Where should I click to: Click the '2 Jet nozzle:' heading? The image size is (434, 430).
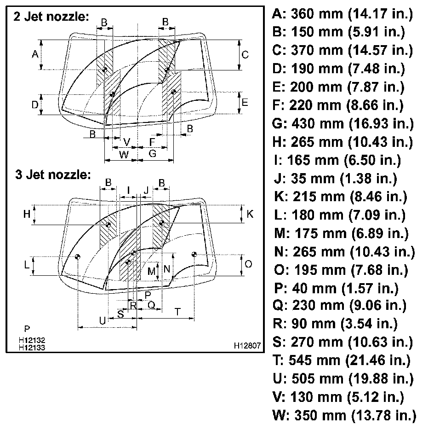pos(51,17)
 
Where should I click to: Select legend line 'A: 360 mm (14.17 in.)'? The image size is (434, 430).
pos(343,14)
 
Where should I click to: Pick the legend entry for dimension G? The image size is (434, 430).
pos(343,123)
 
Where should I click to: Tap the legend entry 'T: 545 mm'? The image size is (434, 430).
pos(343,360)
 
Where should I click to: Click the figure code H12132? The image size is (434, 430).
pos(32,340)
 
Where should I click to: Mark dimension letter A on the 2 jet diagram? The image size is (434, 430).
pos(34,55)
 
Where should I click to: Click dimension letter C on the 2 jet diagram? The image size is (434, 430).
pos(245,55)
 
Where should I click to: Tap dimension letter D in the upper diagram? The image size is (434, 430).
pos(34,105)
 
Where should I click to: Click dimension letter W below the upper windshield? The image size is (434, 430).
pos(124,155)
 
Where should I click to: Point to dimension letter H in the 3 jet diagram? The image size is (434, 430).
pos(27,214)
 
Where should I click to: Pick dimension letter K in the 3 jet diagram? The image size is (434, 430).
pos(250,214)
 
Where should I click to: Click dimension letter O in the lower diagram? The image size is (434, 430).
pos(249,264)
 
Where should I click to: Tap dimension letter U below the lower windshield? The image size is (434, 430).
pos(103,320)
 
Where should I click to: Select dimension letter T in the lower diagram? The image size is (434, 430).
pos(177,312)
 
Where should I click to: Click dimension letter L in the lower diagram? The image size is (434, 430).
pos(27,266)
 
